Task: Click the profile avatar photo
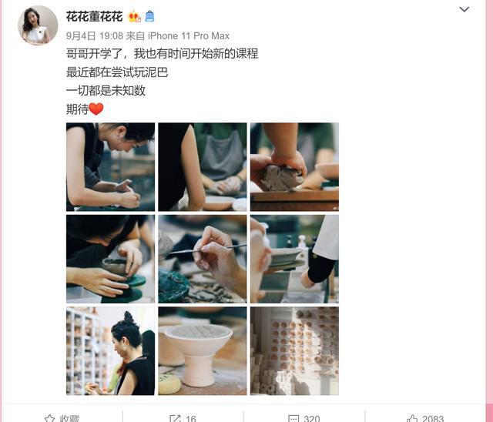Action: [x=38, y=25]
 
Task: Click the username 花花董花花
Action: [x=94, y=16]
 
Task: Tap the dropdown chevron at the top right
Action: [x=464, y=10]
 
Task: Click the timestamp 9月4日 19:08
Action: [x=95, y=36]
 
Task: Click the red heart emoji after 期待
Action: [x=96, y=109]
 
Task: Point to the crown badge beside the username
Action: [x=135, y=16]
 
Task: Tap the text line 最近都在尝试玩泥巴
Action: [x=117, y=72]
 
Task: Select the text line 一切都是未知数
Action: [x=106, y=91]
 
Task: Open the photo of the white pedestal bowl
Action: [x=203, y=350]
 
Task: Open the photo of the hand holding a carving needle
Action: [x=203, y=259]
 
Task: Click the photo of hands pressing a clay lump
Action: [x=294, y=166]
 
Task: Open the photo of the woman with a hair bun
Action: [x=110, y=350]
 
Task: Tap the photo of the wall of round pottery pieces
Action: [x=294, y=350]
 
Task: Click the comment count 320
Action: [x=312, y=418]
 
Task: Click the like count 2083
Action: [x=432, y=418]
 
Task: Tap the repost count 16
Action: [x=190, y=418]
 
